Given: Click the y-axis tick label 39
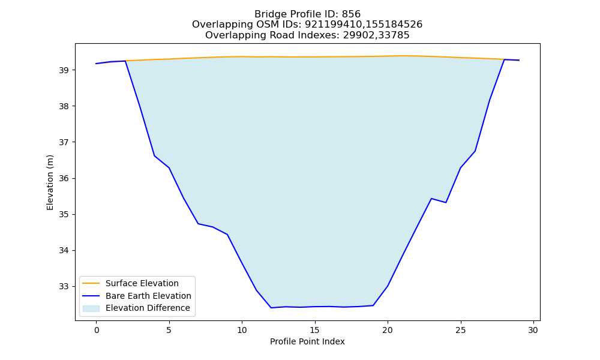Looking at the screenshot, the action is pyautogui.click(x=64, y=70).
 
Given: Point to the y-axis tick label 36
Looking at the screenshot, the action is pyautogui.click(x=64, y=179).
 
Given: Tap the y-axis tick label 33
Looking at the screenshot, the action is pyautogui.click(x=64, y=287).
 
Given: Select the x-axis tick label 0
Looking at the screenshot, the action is pyautogui.click(x=97, y=330).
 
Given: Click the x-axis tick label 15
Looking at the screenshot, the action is pyautogui.click(x=315, y=330).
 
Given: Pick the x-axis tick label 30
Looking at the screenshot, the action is pyautogui.click(x=533, y=330).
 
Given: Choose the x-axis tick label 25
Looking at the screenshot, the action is pyautogui.click(x=461, y=330).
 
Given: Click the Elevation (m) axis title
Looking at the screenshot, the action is pyautogui.click(x=50, y=182).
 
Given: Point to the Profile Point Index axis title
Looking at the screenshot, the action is pyautogui.click(x=307, y=341).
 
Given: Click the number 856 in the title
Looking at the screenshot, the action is pyautogui.click(x=351, y=14).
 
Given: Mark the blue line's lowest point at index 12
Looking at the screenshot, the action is pyautogui.click(x=271, y=308).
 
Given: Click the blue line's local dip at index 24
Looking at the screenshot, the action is pyautogui.click(x=446, y=202).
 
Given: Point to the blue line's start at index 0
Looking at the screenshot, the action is pyautogui.click(x=96, y=64).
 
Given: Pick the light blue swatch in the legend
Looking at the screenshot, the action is pyautogui.click(x=91, y=308).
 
